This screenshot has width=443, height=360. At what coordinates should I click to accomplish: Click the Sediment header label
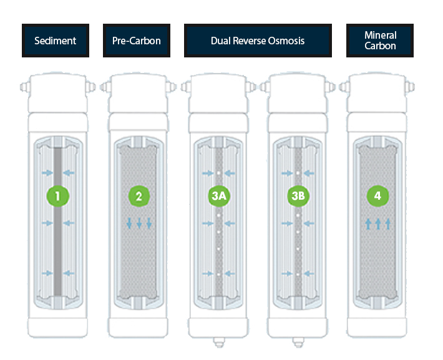[56, 41]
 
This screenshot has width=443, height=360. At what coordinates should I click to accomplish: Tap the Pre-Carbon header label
[137, 41]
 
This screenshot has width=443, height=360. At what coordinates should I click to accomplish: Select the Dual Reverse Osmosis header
[258, 41]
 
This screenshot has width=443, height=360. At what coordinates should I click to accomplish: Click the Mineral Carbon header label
[380, 41]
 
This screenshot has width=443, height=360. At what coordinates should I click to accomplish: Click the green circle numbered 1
[58, 197]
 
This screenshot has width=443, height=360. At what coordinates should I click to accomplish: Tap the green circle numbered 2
[139, 197]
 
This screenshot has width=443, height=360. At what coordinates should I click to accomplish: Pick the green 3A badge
[218, 197]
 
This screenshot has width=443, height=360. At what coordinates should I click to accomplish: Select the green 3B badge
[298, 197]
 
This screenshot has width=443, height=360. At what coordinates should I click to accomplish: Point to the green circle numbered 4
[377, 197]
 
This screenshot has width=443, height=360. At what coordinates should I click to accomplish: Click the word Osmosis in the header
[287, 41]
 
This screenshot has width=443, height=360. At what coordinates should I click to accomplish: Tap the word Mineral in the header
[380, 36]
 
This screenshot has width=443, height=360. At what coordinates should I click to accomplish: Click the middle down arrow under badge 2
[139, 223]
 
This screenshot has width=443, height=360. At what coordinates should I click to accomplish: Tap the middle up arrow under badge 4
[377, 223]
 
